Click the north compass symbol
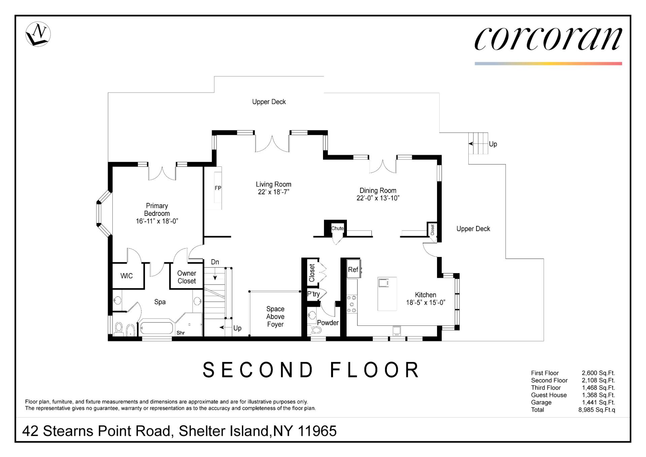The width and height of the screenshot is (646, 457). pyautogui.click(x=38, y=34)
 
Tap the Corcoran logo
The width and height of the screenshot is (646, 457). pyautogui.click(x=548, y=39)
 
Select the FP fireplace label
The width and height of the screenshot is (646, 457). pyautogui.click(x=218, y=188)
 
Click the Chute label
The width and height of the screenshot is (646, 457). pyautogui.click(x=337, y=228)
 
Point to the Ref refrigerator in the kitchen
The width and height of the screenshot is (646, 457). pyautogui.click(x=354, y=269)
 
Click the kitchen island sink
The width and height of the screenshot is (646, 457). pyautogui.click(x=384, y=283)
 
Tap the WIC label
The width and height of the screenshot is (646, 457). pyautogui.click(x=127, y=276)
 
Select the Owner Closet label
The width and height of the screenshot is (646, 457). pyautogui.click(x=187, y=277)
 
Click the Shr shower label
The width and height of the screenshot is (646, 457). pyautogui.click(x=181, y=333)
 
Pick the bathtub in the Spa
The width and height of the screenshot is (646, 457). pyautogui.click(x=156, y=328)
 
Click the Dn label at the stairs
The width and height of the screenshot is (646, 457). pyautogui.click(x=215, y=262)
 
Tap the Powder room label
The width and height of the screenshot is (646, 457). pyautogui.click(x=328, y=323)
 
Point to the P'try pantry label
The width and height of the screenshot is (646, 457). pyautogui.click(x=314, y=294)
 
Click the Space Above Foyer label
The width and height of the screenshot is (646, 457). pyautogui.click(x=275, y=317)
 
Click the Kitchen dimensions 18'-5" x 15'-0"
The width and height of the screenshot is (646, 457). pyautogui.click(x=426, y=302)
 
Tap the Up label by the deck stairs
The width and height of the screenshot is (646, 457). pyautogui.click(x=493, y=144)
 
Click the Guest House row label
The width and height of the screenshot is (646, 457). pyautogui.click(x=549, y=395)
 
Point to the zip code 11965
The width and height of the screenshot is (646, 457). pyautogui.click(x=317, y=431)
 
